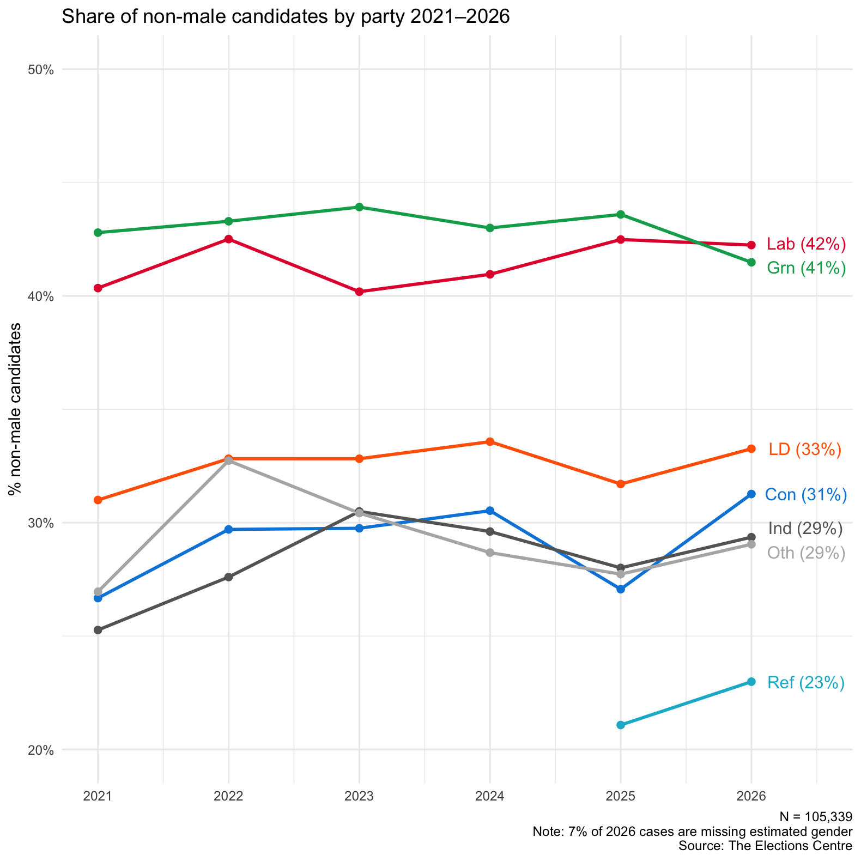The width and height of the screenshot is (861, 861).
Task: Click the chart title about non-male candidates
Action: point(286,17)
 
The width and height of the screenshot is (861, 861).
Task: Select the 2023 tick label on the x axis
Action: point(359,796)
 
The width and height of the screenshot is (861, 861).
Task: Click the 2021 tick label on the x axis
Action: point(98,796)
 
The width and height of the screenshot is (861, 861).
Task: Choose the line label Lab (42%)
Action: point(806,244)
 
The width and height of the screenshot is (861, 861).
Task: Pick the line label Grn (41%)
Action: point(806,268)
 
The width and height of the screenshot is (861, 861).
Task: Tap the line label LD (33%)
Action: point(805,450)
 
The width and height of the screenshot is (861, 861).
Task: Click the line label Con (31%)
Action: point(805,495)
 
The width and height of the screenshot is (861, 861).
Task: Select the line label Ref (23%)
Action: point(805,683)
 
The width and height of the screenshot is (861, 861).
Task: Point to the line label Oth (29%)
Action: point(806,553)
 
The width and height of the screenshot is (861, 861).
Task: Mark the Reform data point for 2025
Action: point(621,725)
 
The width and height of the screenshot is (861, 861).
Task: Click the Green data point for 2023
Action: point(359,207)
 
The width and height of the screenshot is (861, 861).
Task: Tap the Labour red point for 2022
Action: point(229,239)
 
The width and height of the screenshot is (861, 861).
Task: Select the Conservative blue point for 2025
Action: point(621,589)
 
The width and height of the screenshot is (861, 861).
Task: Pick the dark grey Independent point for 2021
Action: point(98,630)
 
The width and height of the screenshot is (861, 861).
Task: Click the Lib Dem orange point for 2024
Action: point(490,441)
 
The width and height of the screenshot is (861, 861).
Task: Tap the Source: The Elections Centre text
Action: point(765,846)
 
